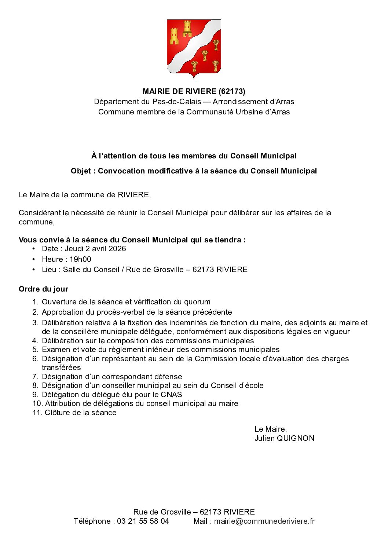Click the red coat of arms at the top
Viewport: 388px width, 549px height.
click(194, 48)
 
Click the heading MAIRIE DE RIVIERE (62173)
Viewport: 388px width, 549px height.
click(194, 91)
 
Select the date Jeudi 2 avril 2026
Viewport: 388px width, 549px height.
click(95, 249)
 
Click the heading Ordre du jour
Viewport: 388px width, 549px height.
click(43, 289)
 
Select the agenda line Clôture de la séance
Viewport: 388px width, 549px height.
click(80, 413)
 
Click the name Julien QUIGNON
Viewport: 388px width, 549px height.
click(284, 438)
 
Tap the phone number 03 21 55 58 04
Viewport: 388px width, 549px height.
click(143, 521)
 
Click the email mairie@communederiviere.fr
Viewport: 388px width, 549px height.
click(264, 521)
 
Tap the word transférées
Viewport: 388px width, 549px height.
click(61, 367)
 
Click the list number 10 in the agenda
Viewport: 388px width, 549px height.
click(37, 403)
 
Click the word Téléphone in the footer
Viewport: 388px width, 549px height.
click(94, 521)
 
